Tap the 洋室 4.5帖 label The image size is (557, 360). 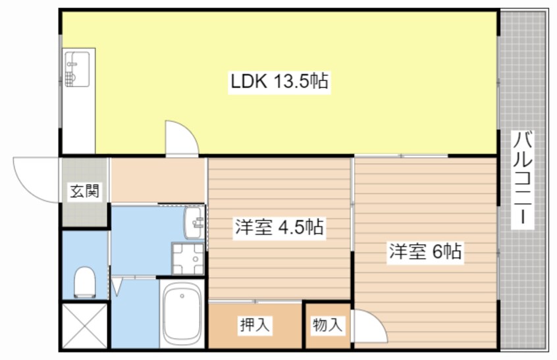point(278,228)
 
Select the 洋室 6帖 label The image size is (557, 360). point(425,251)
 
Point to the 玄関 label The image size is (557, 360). point(84,192)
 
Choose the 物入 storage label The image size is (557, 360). point(327,324)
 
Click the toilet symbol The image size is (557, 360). point(85,282)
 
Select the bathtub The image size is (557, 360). point(181,315)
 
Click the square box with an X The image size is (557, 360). point(84,324)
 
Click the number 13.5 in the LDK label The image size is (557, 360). point(290,82)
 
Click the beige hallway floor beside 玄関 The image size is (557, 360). point(158,180)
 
